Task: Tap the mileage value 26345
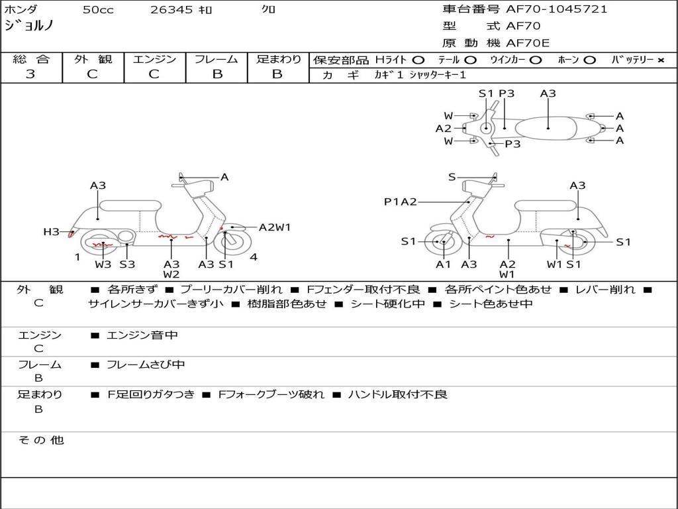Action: click(172, 10)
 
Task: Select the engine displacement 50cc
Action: click(98, 10)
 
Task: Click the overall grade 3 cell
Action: click(30, 74)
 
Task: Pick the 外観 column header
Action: click(93, 59)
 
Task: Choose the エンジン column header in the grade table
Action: click(154, 59)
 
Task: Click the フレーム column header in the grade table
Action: click(217, 59)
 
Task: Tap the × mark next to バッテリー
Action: click(660, 60)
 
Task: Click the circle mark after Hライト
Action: click(418, 60)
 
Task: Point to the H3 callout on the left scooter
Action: click(51, 231)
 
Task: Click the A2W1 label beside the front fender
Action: click(275, 227)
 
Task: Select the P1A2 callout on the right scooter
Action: click(401, 201)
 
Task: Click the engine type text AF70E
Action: click(528, 43)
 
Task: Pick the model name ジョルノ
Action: click(29, 27)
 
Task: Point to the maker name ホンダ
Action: click(21, 10)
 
